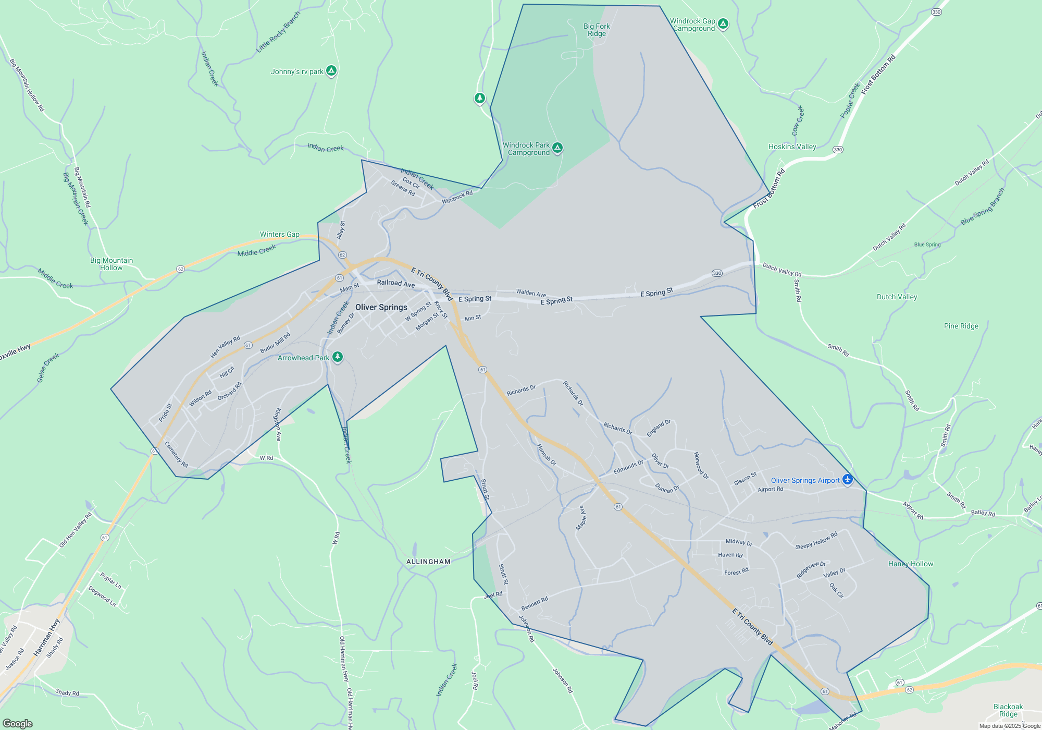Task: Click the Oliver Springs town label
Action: tap(381, 307)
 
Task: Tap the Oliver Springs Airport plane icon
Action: tap(848, 479)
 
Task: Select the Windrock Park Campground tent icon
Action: tap(557, 148)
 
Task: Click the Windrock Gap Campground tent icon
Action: tap(723, 23)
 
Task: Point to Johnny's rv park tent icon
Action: tap(331, 70)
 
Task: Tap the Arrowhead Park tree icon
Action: tap(338, 357)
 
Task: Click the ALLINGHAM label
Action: tap(428, 562)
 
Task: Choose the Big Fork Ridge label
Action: tap(597, 30)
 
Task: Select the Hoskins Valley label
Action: tap(792, 147)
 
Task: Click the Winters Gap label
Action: tap(280, 234)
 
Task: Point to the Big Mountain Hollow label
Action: tap(111, 264)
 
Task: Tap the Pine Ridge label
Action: tap(961, 326)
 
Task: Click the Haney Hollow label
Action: tap(910, 564)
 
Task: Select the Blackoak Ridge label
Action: tap(1008, 710)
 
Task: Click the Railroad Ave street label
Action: tap(396, 283)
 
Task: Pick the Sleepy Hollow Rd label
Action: tap(816, 541)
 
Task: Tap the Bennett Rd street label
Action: tap(535, 603)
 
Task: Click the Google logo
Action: tap(17, 723)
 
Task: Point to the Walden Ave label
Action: tap(531, 293)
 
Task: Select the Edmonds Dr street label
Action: tap(628, 467)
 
